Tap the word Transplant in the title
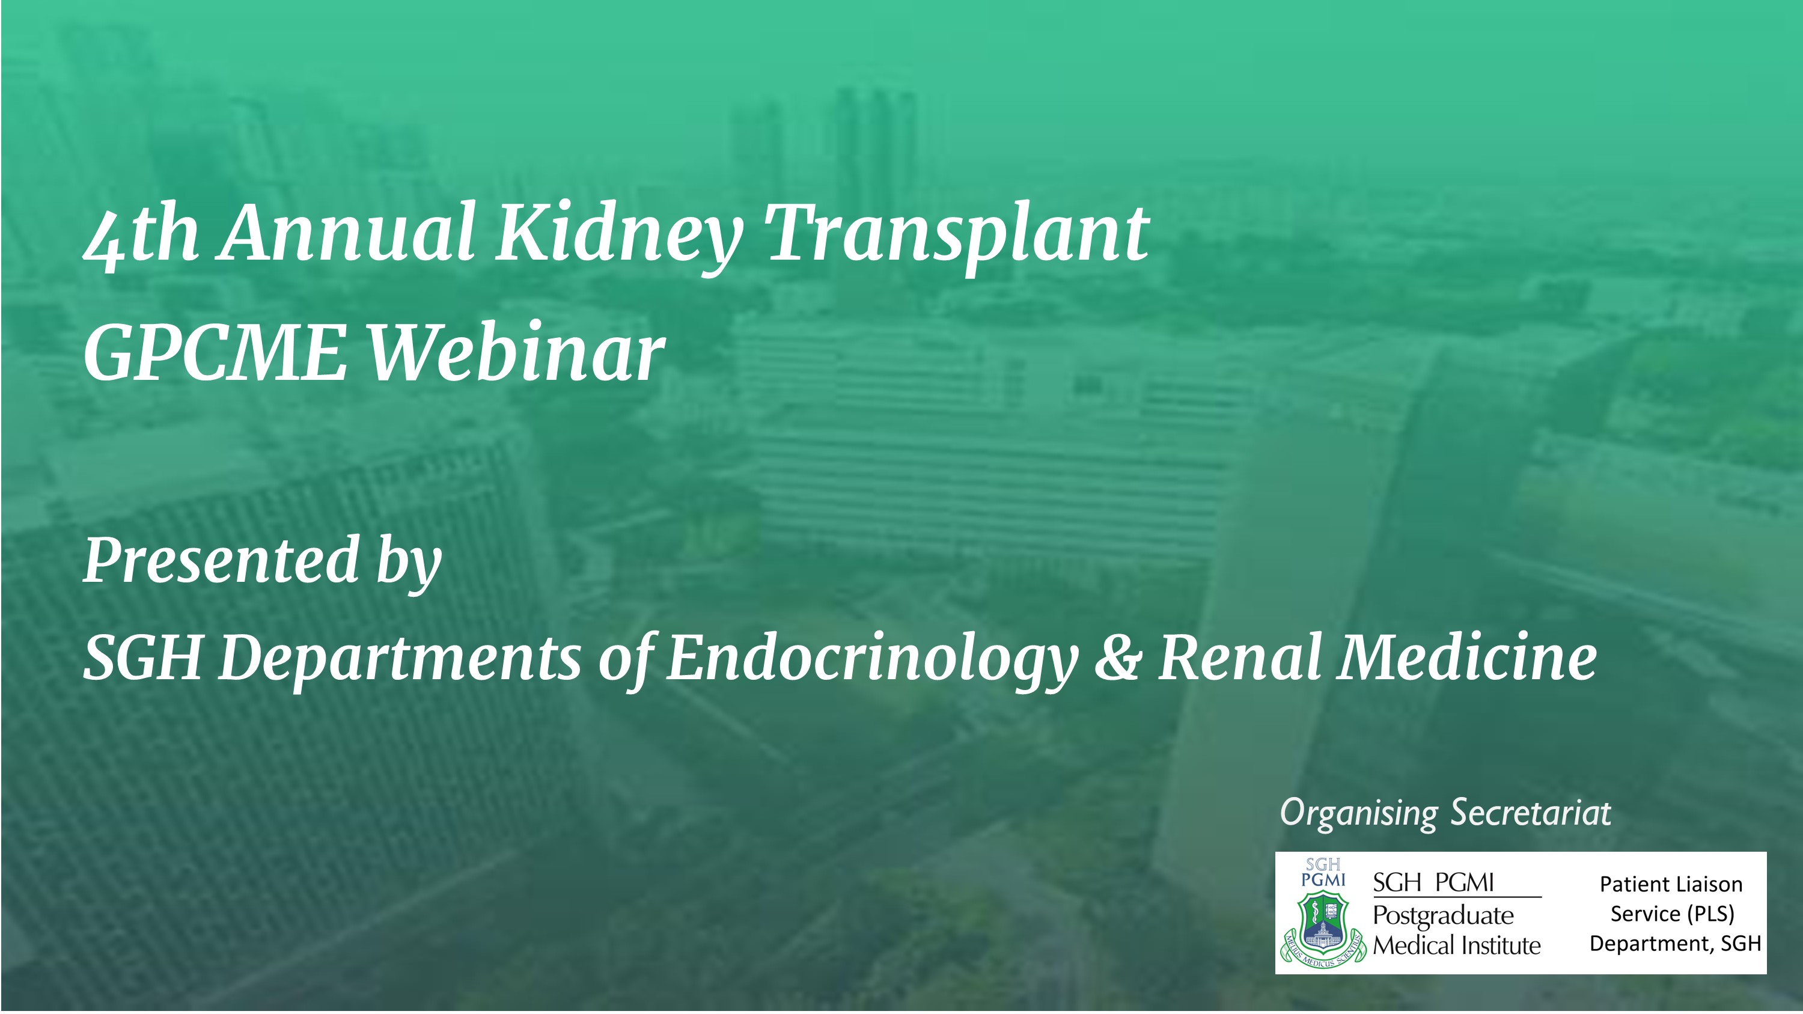957,234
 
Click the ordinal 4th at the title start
140,234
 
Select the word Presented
221,560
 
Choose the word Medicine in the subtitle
1467,656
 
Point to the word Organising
1358,814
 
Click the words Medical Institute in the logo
1457,945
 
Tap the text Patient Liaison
1671,885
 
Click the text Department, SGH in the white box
1675,944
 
